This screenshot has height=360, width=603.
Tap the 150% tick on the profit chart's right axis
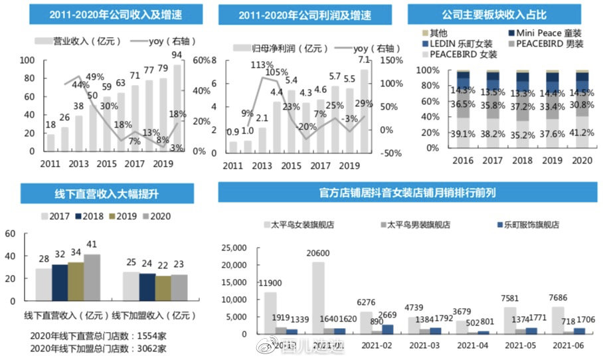pos(392,60)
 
